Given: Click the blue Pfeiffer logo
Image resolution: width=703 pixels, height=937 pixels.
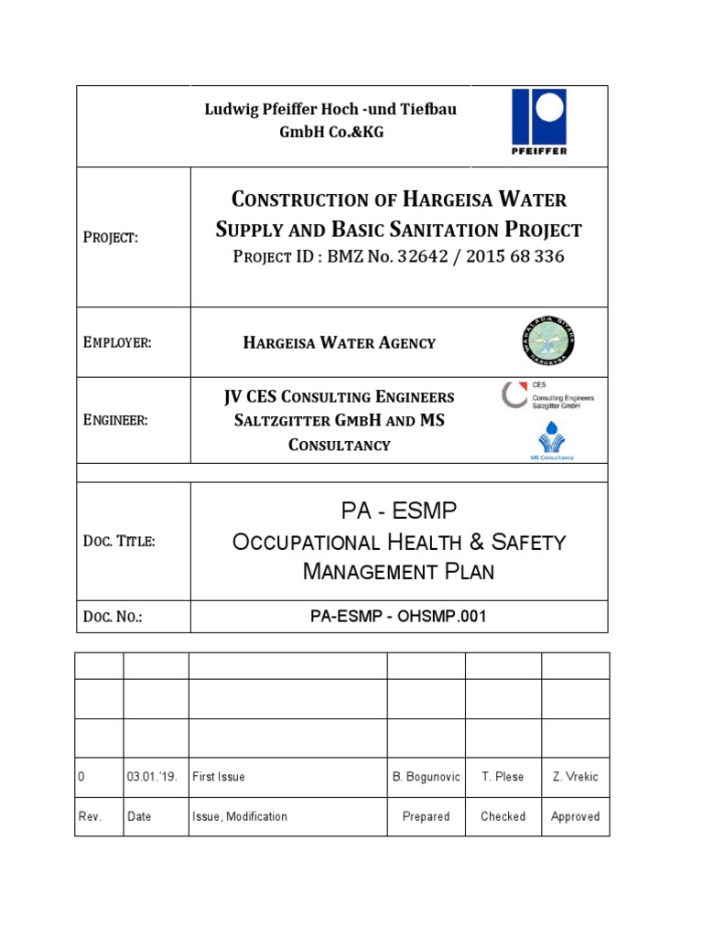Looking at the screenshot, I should tap(538, 122).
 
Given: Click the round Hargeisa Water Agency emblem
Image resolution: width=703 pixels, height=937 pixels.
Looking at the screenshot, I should tap(547, 342).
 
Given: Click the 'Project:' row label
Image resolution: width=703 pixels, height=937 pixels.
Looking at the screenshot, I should tap(111, 237).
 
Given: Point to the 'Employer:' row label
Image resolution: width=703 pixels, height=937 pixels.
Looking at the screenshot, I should tap(117, 342).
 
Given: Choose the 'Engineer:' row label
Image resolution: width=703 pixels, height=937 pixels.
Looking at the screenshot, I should tap(115, 420).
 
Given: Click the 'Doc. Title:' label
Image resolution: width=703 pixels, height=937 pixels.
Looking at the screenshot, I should tap(119, 541).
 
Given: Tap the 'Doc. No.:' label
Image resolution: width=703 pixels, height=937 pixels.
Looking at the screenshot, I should tap(113, 617).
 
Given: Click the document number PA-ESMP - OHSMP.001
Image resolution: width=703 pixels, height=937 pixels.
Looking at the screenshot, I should tap(398, 617).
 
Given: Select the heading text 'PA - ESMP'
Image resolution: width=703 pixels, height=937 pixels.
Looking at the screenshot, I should tap(398, 510).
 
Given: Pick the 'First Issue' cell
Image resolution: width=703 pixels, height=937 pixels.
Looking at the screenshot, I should tap(219, 777).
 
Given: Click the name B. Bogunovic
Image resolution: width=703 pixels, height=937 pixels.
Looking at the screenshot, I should tap(426, 777).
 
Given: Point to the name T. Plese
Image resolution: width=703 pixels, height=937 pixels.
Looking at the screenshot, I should tap(503, 777).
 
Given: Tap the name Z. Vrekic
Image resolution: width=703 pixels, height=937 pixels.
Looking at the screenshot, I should tap(575, 777).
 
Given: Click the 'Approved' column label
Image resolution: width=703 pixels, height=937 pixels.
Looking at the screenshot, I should tap(575, 816).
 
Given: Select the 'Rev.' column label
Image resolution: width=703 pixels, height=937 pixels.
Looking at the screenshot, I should tap(90, 816).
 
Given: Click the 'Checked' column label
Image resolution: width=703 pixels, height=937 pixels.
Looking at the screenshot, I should tap(503, 816).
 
